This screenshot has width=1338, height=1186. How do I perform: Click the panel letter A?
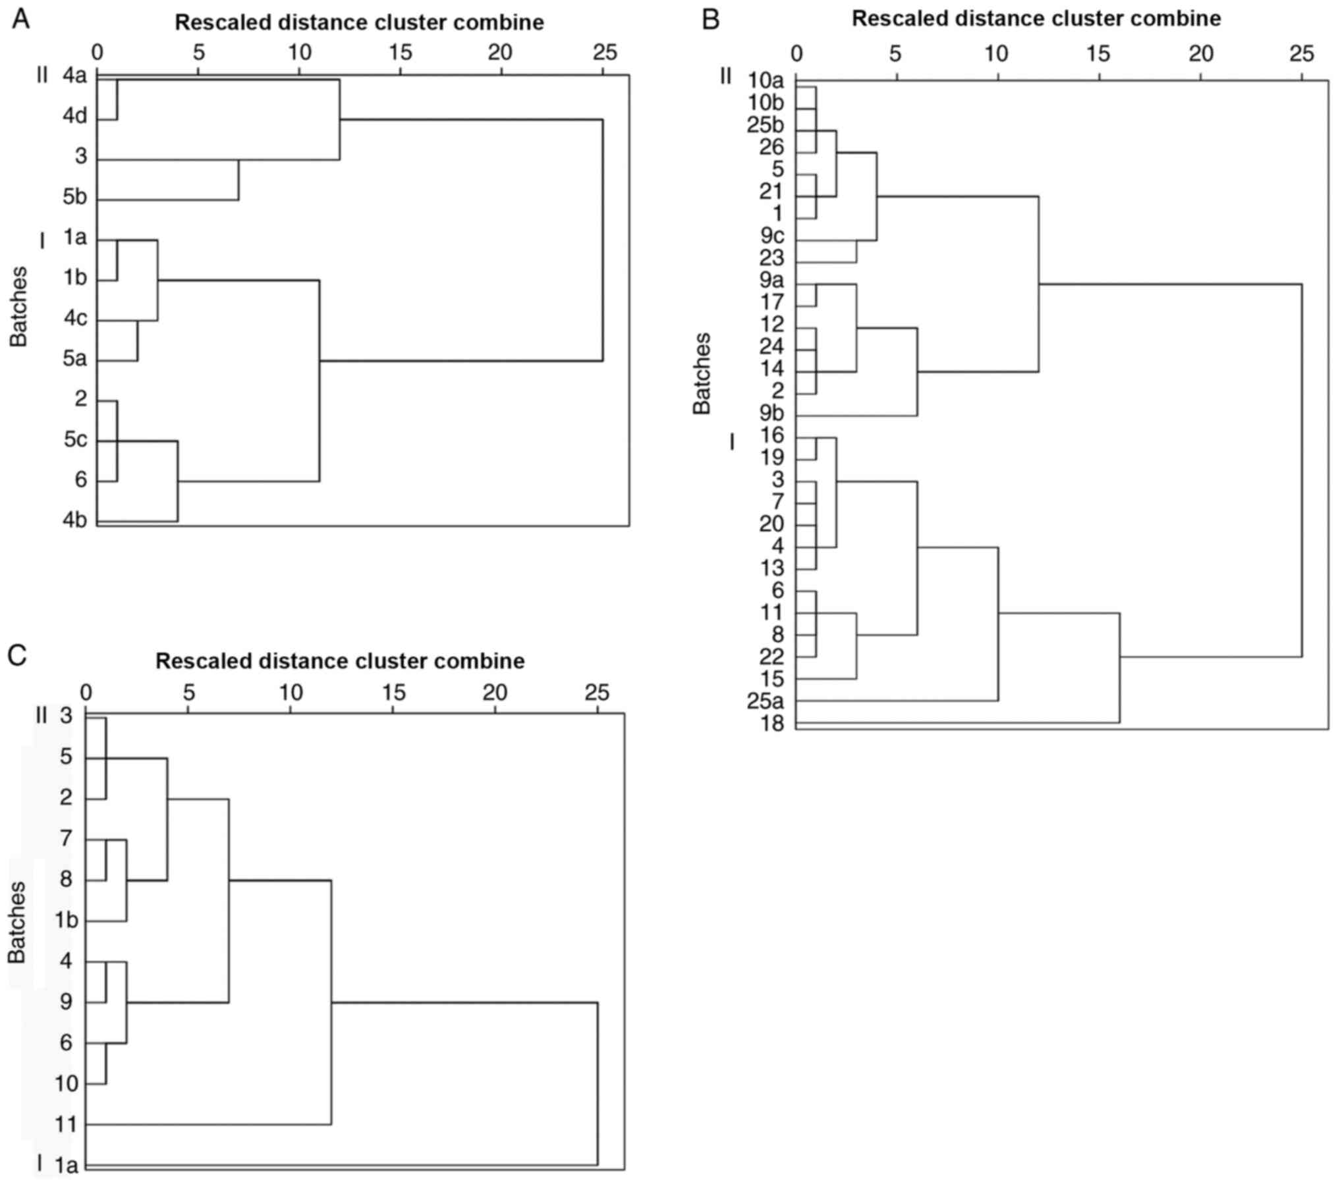click(x=21, y=20)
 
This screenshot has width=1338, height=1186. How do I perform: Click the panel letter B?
click(x=710, y=20)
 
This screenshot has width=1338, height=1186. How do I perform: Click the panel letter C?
click(x=18, y=655)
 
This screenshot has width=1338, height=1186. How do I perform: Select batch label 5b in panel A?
click(x=75, y=198)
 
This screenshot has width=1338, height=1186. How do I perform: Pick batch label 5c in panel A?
click(x=75, y=439)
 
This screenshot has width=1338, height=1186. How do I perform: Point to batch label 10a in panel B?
click(x=766, y=82)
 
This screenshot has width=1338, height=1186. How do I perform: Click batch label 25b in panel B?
click(x=766, y=125)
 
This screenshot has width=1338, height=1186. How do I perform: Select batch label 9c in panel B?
click(x=771, y=235)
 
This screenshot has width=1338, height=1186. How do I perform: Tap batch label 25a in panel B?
click(x=766, y=701)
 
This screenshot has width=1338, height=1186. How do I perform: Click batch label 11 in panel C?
click(x=67, y=1124)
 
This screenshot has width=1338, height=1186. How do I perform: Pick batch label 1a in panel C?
click(x=66, y=1166)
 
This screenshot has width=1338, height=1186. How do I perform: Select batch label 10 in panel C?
click(x=67, y=1083)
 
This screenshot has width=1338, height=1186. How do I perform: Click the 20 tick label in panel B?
click(x=1200, y=54)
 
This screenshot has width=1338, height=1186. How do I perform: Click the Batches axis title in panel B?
click(x=702, y=373)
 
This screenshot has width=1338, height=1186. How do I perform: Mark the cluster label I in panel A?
click(x=43, y=241)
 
